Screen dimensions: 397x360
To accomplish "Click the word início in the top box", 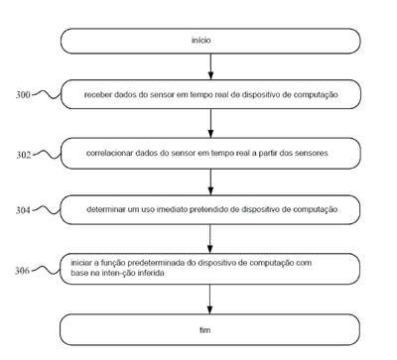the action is click(200, 40).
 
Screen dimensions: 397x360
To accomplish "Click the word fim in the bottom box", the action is click(204, 330).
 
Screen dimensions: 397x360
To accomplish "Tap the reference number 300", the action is click(23, 95).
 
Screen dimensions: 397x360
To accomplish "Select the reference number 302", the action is click(24, 155).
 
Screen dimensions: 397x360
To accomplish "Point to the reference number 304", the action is click(23, 210).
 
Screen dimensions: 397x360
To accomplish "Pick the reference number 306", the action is click(22, 271).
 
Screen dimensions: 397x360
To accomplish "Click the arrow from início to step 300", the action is click(210, 66).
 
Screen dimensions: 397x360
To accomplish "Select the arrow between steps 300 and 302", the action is click(210, 123).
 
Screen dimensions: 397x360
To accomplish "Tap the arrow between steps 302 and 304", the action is click(210, 181).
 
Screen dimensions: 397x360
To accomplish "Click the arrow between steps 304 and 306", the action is click(210, 239).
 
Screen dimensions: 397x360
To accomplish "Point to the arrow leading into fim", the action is click(209, 300).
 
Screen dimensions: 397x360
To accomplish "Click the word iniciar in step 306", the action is click(81, 263).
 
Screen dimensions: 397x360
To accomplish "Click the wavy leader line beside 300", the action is click(47, 94).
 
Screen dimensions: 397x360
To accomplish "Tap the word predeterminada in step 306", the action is click(156, 263).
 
